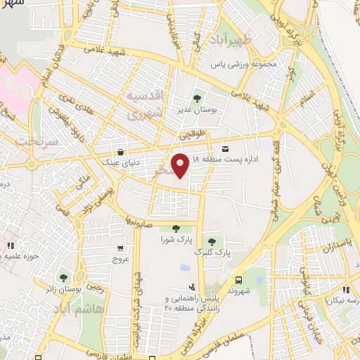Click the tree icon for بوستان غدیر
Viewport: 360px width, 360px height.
196,99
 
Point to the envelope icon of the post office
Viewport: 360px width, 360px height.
225,148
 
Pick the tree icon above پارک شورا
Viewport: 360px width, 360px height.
175,228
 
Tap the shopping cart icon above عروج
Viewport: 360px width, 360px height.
120,247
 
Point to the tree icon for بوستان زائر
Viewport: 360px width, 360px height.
65,278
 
